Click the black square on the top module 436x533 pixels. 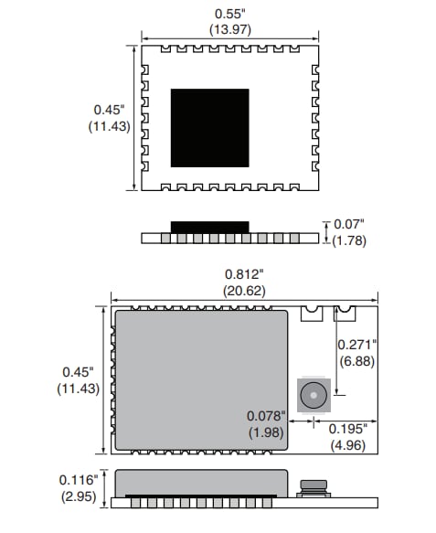209,128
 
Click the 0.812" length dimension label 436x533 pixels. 244,273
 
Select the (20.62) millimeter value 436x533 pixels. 244,290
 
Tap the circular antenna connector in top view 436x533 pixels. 314,395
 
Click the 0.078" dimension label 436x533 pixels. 266,416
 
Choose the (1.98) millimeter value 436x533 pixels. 266,432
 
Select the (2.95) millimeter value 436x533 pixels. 78,496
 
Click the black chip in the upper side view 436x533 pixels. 209,226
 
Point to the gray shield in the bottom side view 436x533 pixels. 201,482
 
